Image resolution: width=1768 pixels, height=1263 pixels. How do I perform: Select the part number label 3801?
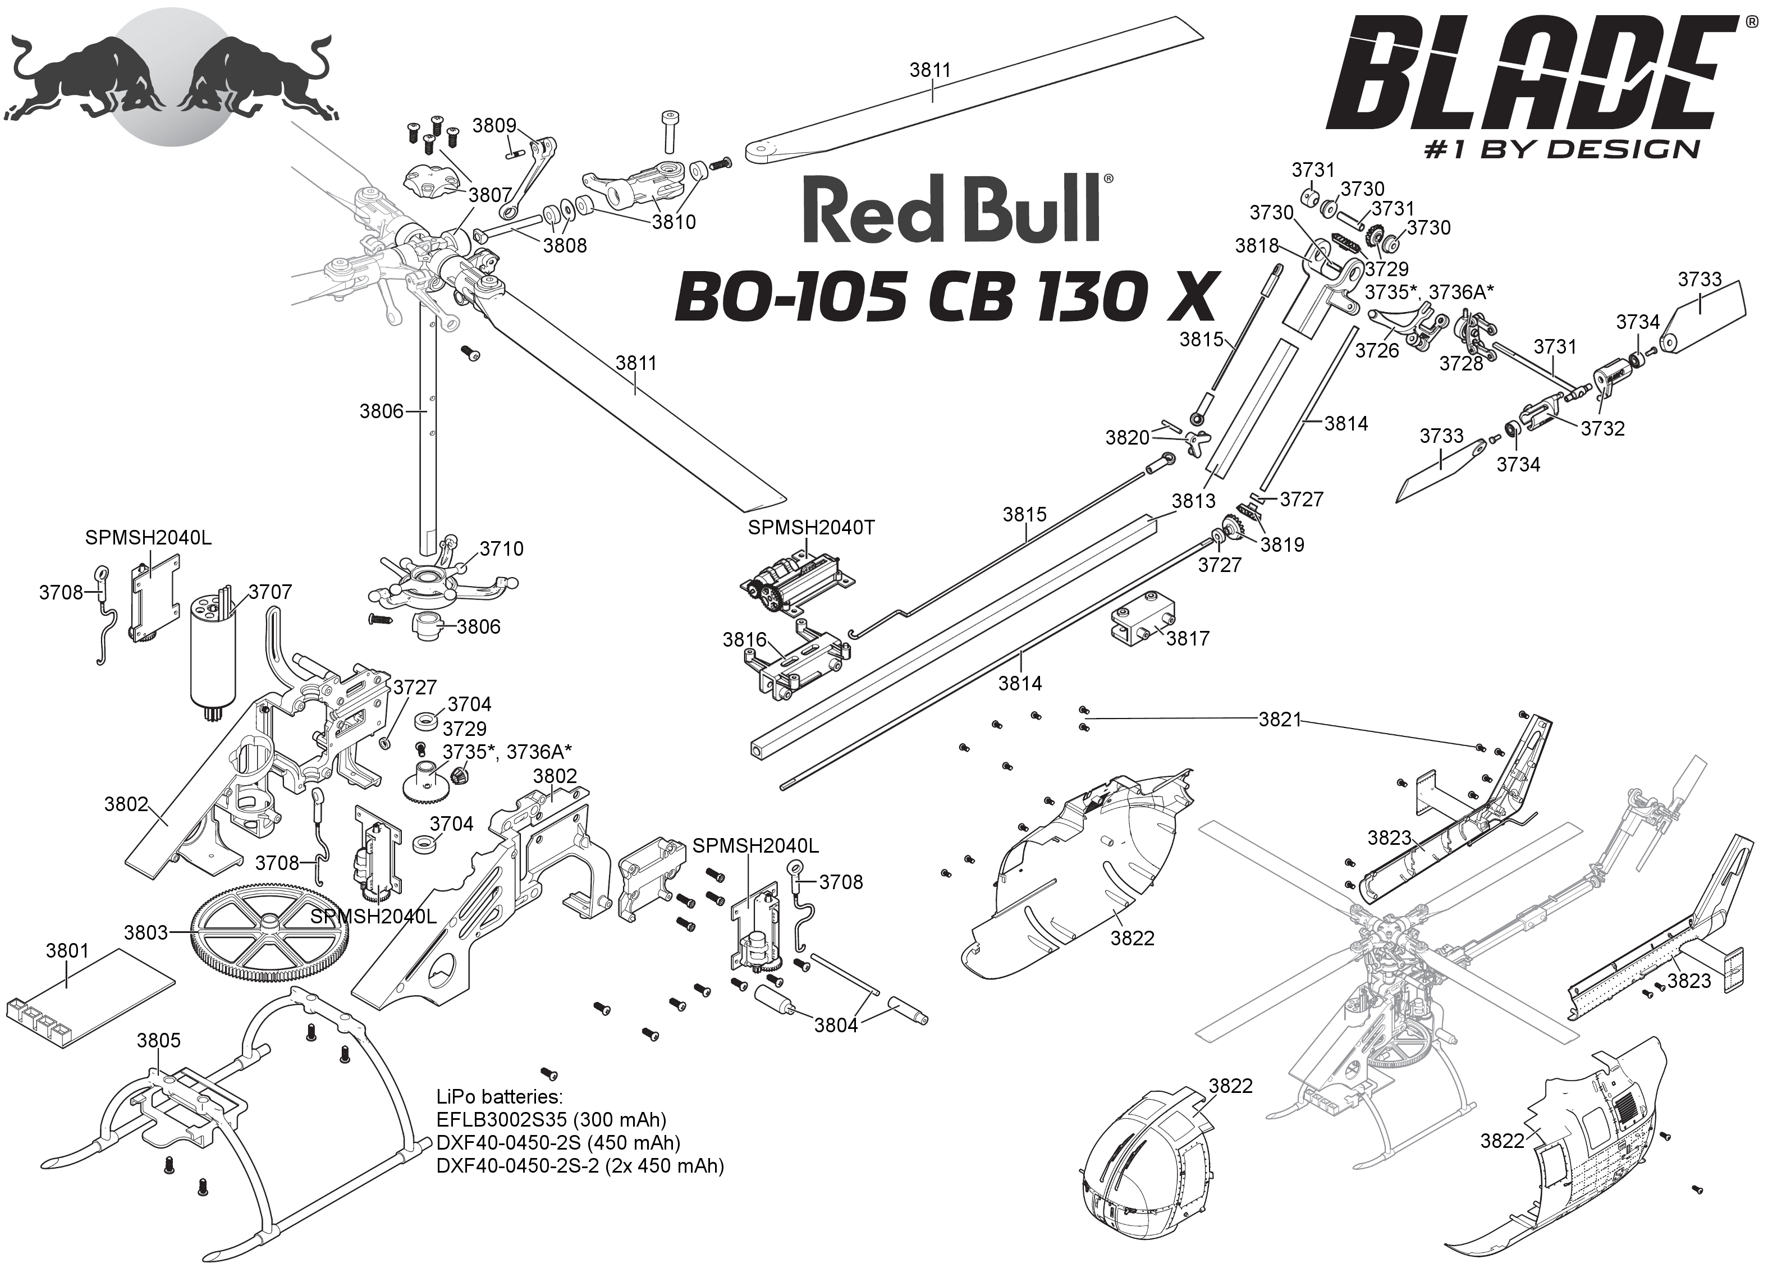click(x=68, y=950)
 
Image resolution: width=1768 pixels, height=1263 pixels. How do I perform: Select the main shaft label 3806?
click(x=381, y=411)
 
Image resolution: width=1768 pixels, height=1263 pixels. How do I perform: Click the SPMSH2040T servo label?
click(x=811, y=527)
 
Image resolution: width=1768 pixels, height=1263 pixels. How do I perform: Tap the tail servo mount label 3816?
click(x=744, y=639)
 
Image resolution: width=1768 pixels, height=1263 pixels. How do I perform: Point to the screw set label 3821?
click(x=1280, y=720)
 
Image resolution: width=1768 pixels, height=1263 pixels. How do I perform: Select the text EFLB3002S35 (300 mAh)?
click(x=551, y=1119)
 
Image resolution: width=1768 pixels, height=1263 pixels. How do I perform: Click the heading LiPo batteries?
click(x=499, y=1097)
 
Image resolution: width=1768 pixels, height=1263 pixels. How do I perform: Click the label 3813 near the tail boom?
click(x=1193, y=500)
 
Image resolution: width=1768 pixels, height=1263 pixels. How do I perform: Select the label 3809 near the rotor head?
click(x=494, y=126)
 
